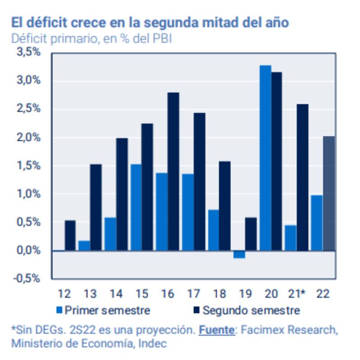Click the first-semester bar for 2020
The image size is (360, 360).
pos(265,158)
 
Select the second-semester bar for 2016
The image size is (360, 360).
pos(173,171)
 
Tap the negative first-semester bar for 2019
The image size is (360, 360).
pos(239,254)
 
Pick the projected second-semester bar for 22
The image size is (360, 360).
pos(329,193)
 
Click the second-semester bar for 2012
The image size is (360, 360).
pos(70,235)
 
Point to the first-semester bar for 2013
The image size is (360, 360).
pos(84,246)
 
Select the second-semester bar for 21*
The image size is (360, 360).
pos(302,177)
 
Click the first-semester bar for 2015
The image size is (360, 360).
pos(136,207)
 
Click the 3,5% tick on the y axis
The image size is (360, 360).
pos(28,52)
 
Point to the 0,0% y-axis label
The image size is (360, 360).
pos(28,251)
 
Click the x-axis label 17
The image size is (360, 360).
pos(193,294)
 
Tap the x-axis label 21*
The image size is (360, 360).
pos(297,294)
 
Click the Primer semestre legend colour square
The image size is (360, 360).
pos(59,310)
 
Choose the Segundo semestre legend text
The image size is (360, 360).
pos(251,310)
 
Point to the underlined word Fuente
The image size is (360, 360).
pos(216,330)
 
